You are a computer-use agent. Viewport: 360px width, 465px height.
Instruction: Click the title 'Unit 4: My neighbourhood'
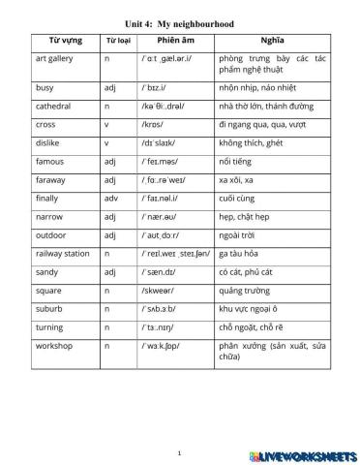(x=180, y=22)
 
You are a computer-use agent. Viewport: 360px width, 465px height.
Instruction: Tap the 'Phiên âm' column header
(x=177, y=41)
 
